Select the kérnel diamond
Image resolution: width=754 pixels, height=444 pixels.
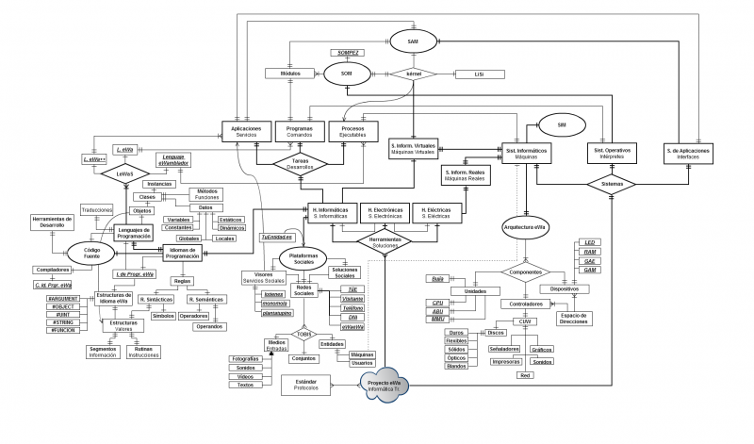pyautogui.click(x=412, y=74)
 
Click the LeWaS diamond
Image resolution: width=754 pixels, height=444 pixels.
pyautogui.click(x=125, y=174)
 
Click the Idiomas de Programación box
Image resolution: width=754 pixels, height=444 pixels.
pyautogui.click(x=182, y=253)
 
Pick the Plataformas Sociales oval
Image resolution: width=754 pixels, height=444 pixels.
pyautogui.click(x=301, y=256)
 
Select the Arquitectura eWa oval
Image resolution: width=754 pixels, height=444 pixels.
pyautogui.click(x=525, y=228)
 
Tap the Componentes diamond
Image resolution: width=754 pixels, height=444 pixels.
pyautogui.click(x=525, y=272)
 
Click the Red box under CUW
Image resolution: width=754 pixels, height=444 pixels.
pyautogui.click(x=525, y=375)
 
